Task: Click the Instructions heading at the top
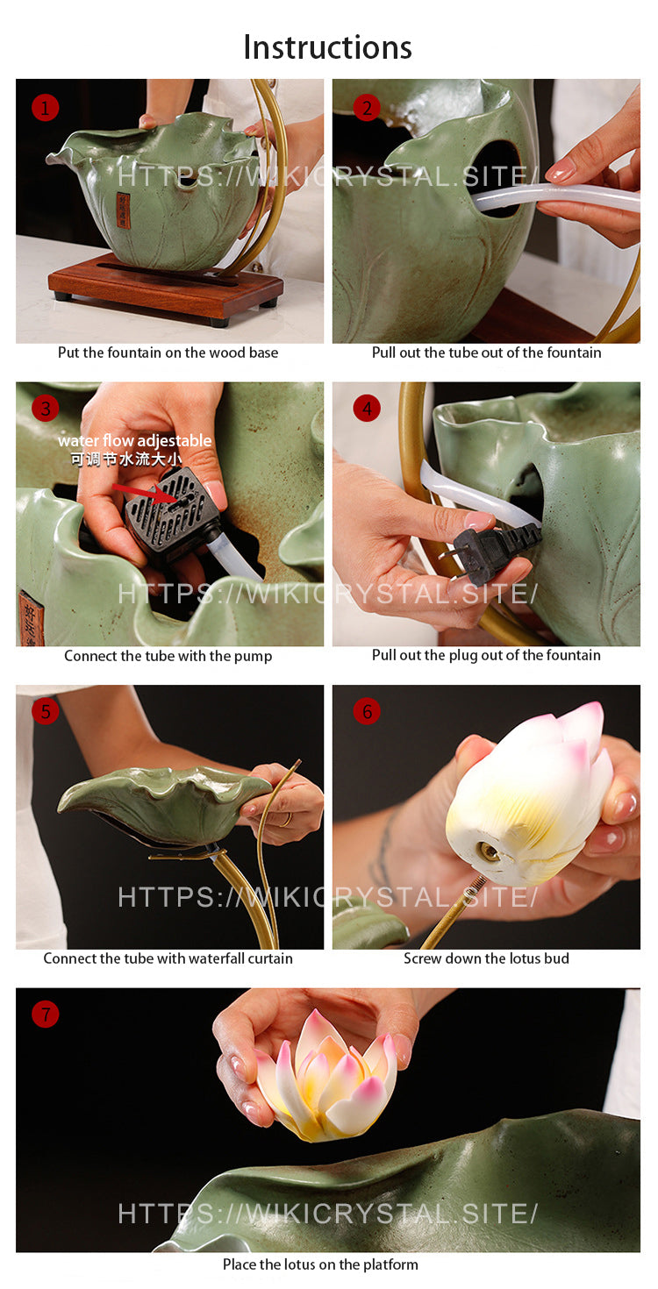pos(327,47)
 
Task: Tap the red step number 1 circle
pos(46,108)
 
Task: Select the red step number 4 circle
pos(367,409)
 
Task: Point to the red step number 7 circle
pos(46,1014)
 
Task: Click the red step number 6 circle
pos(367,712)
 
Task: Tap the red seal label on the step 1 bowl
pos(123,210)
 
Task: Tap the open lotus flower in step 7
pos(325,1075)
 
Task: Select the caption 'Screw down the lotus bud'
pos(486,958)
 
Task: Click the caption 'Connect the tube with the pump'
pos(168,656)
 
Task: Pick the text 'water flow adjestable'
pos(135,441)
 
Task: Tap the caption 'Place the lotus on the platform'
pos(320,1264)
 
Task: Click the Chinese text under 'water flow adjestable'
pos(126,459)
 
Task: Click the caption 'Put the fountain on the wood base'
pos(168,353)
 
